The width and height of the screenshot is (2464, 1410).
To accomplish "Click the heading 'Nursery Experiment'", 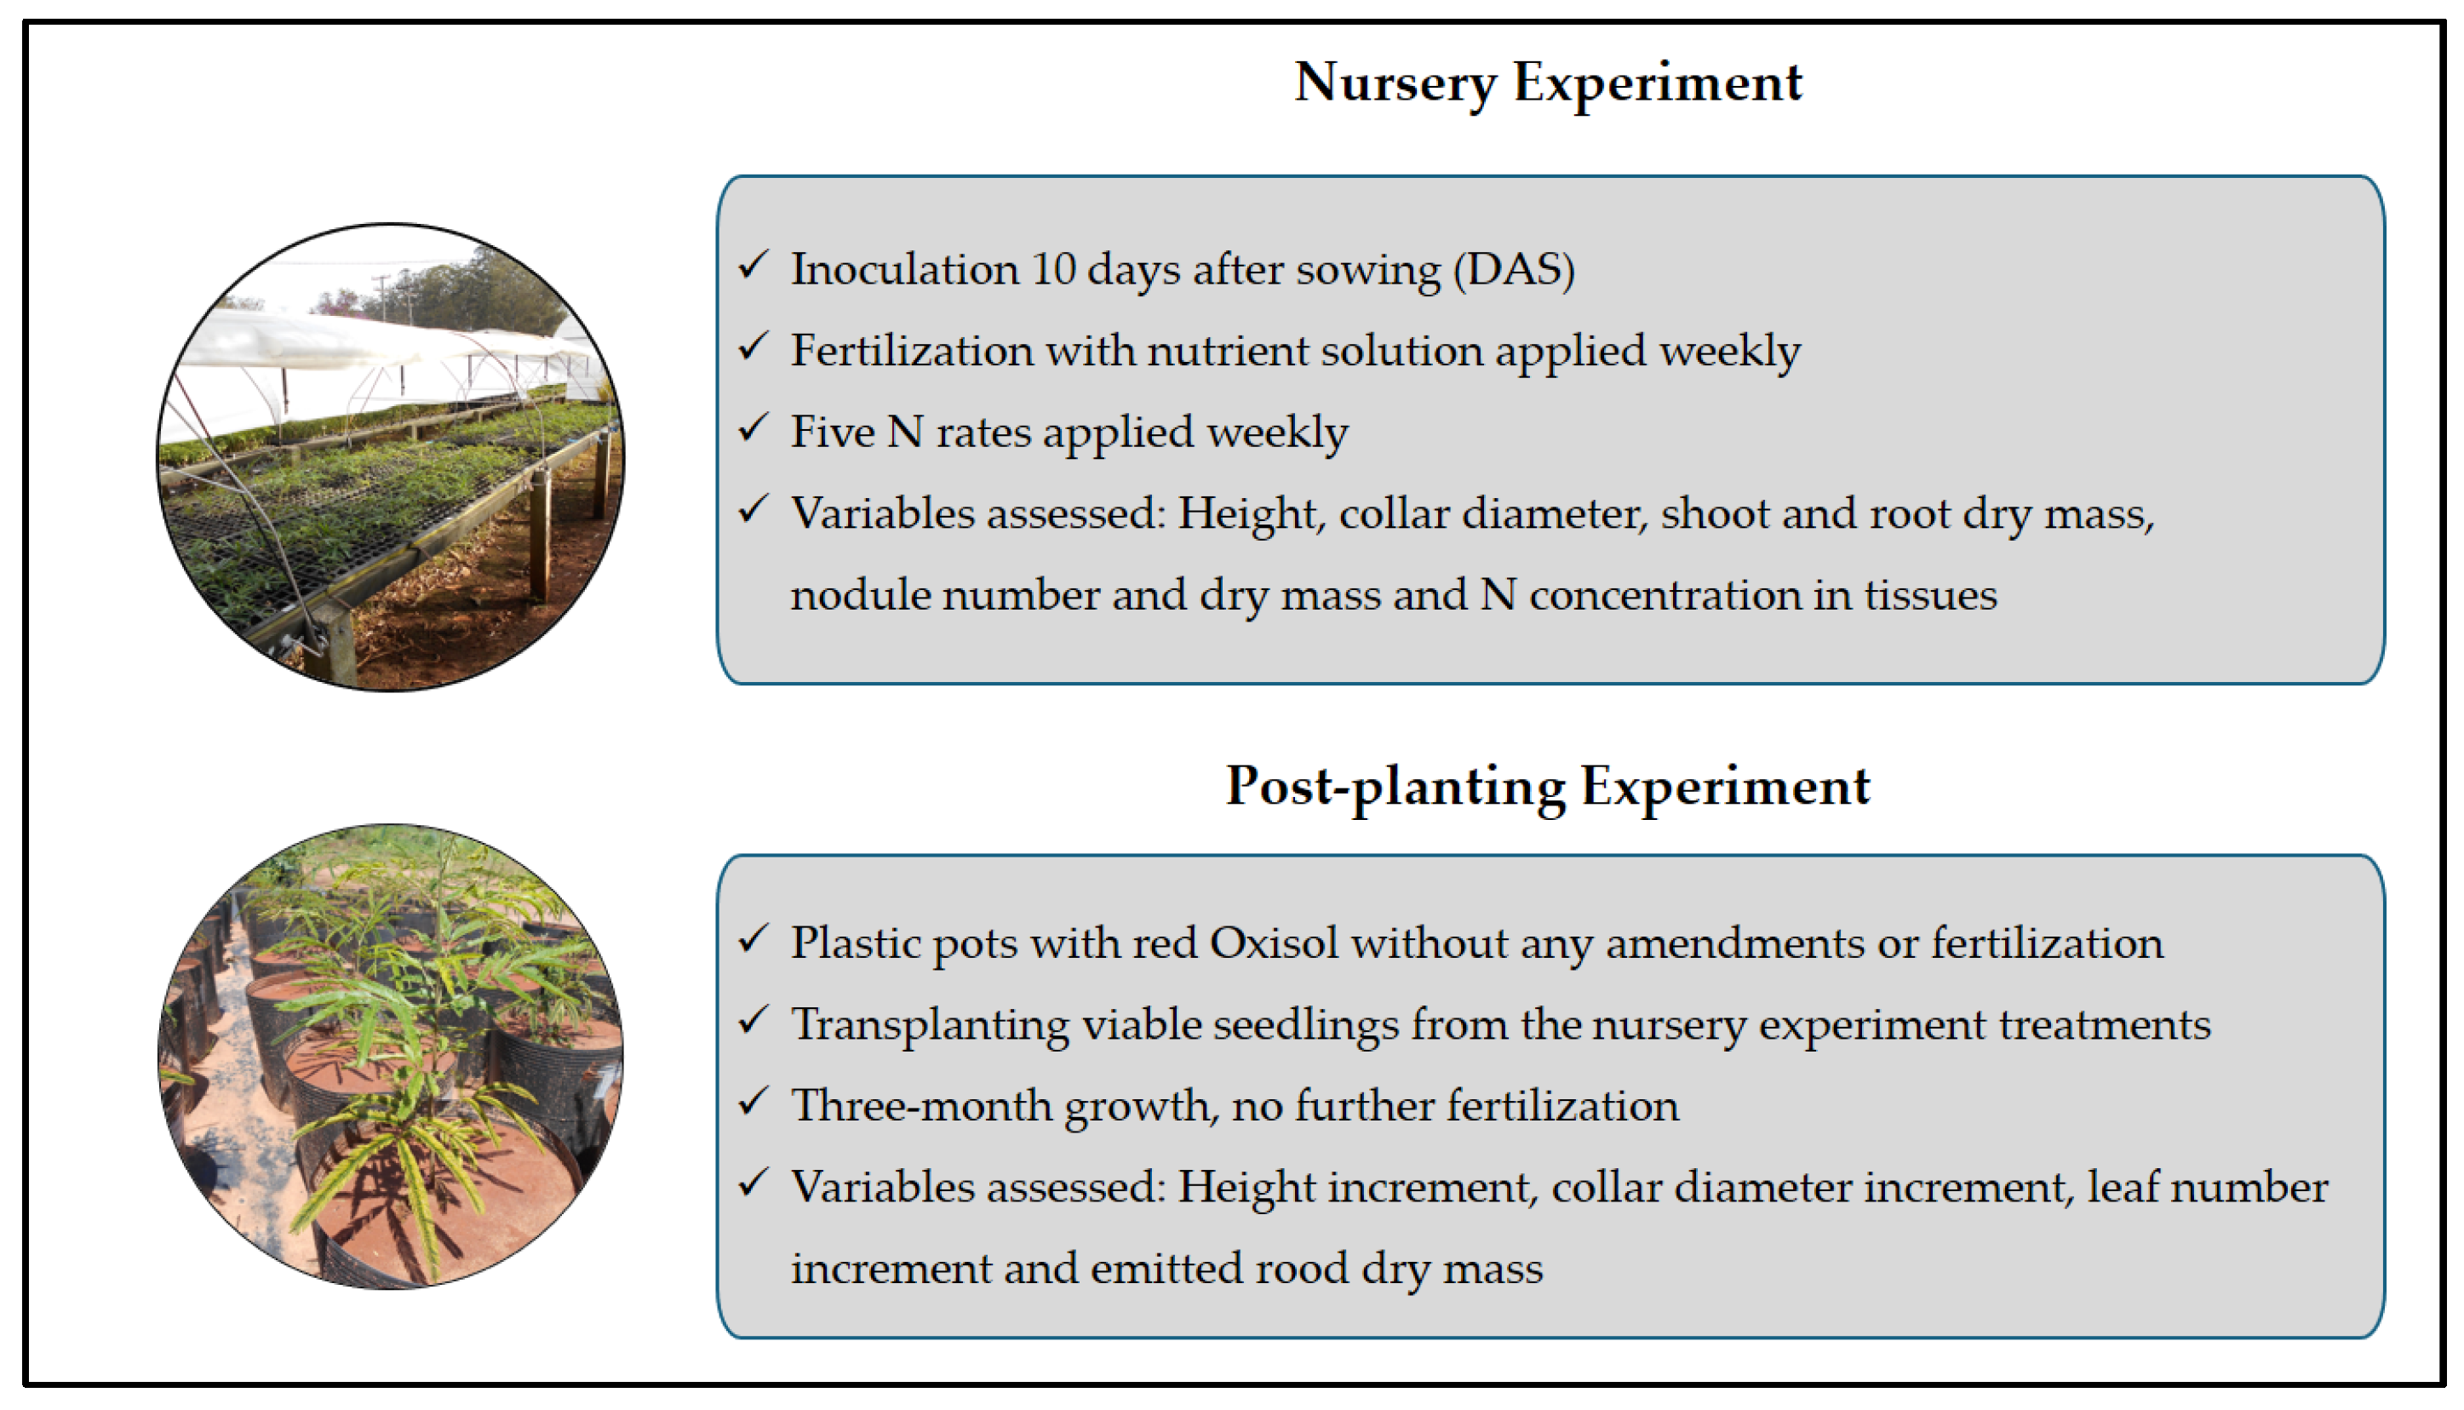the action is [x=1548, y=83].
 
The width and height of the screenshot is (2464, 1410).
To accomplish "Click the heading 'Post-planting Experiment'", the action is [x=1548, y=787].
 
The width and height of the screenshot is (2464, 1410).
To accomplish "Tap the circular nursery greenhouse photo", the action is [x=390, y=457].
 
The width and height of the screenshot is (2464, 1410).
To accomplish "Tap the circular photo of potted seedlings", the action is [x=390, y=1057].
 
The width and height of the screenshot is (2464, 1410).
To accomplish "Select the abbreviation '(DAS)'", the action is [x=1514, y=269].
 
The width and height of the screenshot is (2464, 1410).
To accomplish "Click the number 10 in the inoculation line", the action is [x=1053, y=269].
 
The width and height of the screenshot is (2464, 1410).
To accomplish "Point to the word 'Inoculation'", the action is [x=904, y=269].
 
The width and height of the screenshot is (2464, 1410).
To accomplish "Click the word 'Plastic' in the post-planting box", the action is [x=856, y=943].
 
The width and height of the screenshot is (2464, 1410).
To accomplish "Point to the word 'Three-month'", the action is [x=920, y=1106].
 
